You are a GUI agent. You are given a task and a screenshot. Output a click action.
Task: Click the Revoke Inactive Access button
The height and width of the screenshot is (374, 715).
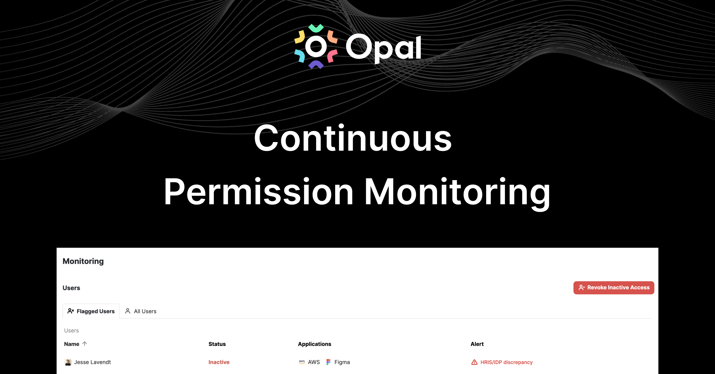tap(614, 288)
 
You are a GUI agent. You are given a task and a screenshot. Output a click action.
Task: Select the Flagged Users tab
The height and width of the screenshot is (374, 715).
tap(91, 311)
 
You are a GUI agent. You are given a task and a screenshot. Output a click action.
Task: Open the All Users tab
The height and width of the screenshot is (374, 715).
tap(141, 311)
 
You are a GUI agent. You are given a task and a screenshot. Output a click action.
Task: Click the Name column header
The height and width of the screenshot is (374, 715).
tap(71, 344)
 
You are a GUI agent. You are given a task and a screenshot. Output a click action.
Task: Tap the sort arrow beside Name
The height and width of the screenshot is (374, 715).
tap(85, 344)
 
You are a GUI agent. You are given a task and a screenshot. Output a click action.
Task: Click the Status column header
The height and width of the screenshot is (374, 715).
tap(217, 344)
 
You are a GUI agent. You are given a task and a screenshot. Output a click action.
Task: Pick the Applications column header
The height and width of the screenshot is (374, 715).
tap(314, 344)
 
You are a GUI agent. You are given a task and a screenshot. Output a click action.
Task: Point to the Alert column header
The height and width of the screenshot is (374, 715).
tap(477, 344)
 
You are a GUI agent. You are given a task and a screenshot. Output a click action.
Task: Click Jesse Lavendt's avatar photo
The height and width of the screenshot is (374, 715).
tap(68, 362)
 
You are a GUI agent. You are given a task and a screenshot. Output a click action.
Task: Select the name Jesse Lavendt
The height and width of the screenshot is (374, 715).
tap(92, 362)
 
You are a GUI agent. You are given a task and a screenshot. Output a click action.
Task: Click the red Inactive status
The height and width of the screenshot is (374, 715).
tap(219, 362)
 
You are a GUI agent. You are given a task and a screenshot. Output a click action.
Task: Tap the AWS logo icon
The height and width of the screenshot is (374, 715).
tap(302, 362)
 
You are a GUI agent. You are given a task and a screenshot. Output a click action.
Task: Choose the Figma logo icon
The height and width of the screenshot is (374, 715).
tap(328, 362)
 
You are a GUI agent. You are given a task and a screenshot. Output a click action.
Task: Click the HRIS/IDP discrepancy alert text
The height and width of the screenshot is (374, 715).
tap(506, 362)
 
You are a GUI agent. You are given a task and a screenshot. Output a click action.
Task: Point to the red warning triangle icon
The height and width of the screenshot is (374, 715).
tap(474, 362)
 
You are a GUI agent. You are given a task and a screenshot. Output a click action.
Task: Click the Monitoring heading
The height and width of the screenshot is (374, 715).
tap(83, 261)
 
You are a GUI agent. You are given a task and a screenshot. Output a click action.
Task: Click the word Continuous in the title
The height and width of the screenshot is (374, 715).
tap(353, 138)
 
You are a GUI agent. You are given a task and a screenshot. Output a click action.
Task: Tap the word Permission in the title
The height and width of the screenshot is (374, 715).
tap(259, 191)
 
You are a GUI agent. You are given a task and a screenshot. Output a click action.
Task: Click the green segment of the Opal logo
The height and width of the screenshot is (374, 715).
tap(316, 28)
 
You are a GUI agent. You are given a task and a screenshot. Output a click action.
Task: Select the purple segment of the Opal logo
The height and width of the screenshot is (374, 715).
tap(316, 64)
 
